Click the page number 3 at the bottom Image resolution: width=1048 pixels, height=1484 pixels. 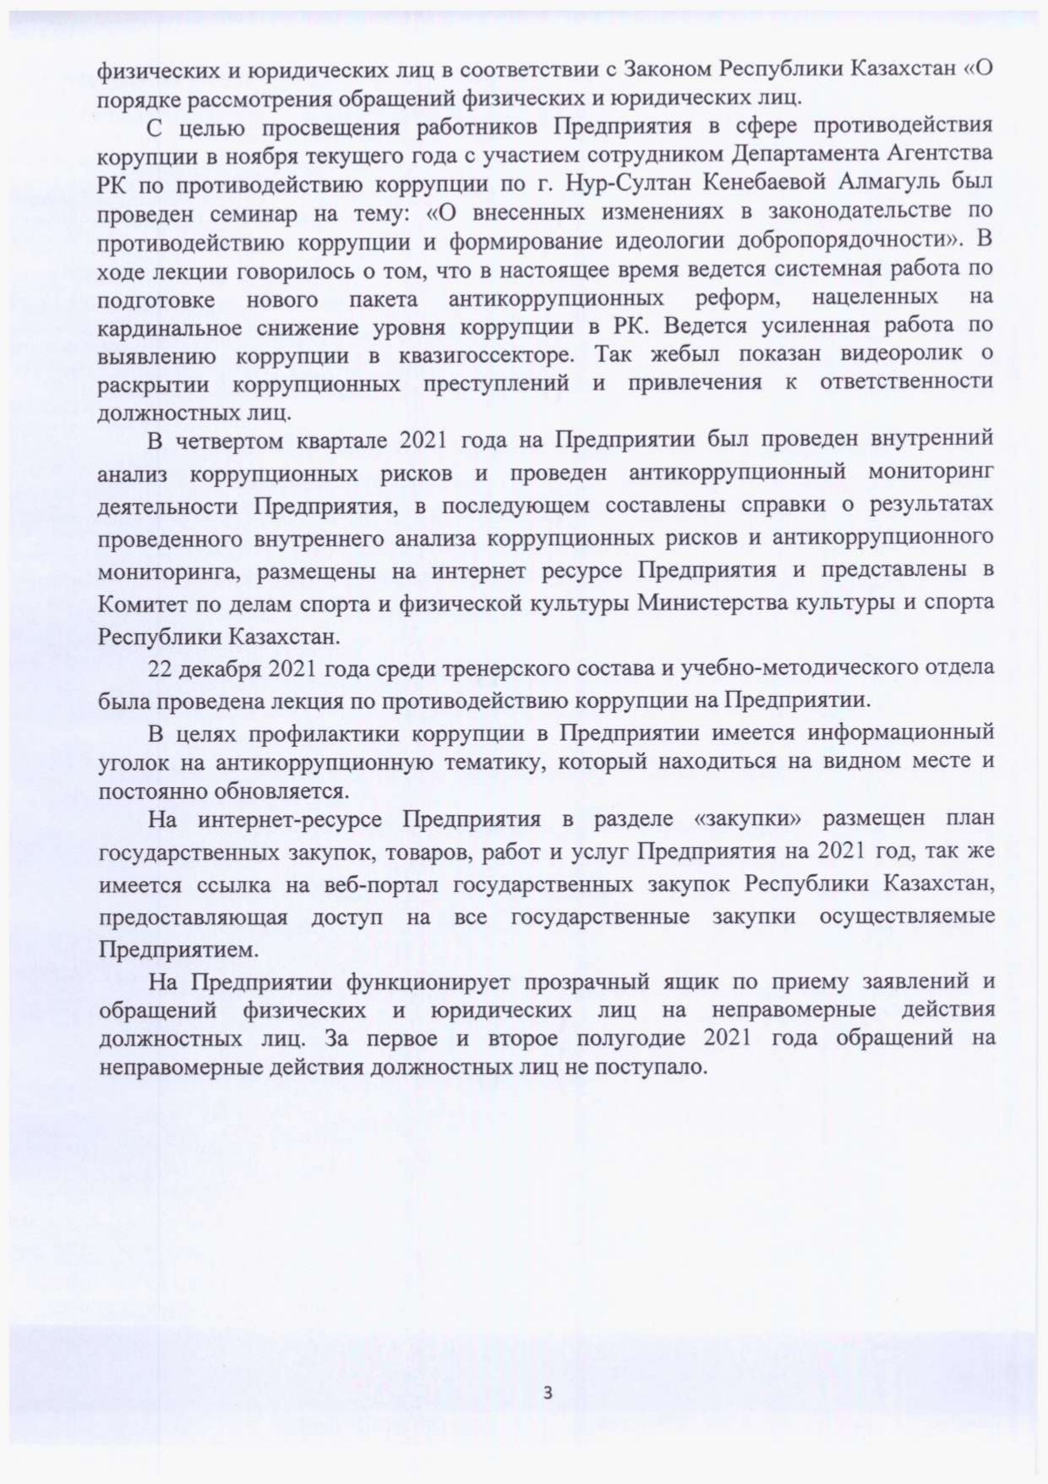[548, 1392]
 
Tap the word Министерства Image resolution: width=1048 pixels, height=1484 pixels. [726, 604]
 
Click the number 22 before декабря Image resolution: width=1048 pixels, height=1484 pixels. [160, 668]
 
